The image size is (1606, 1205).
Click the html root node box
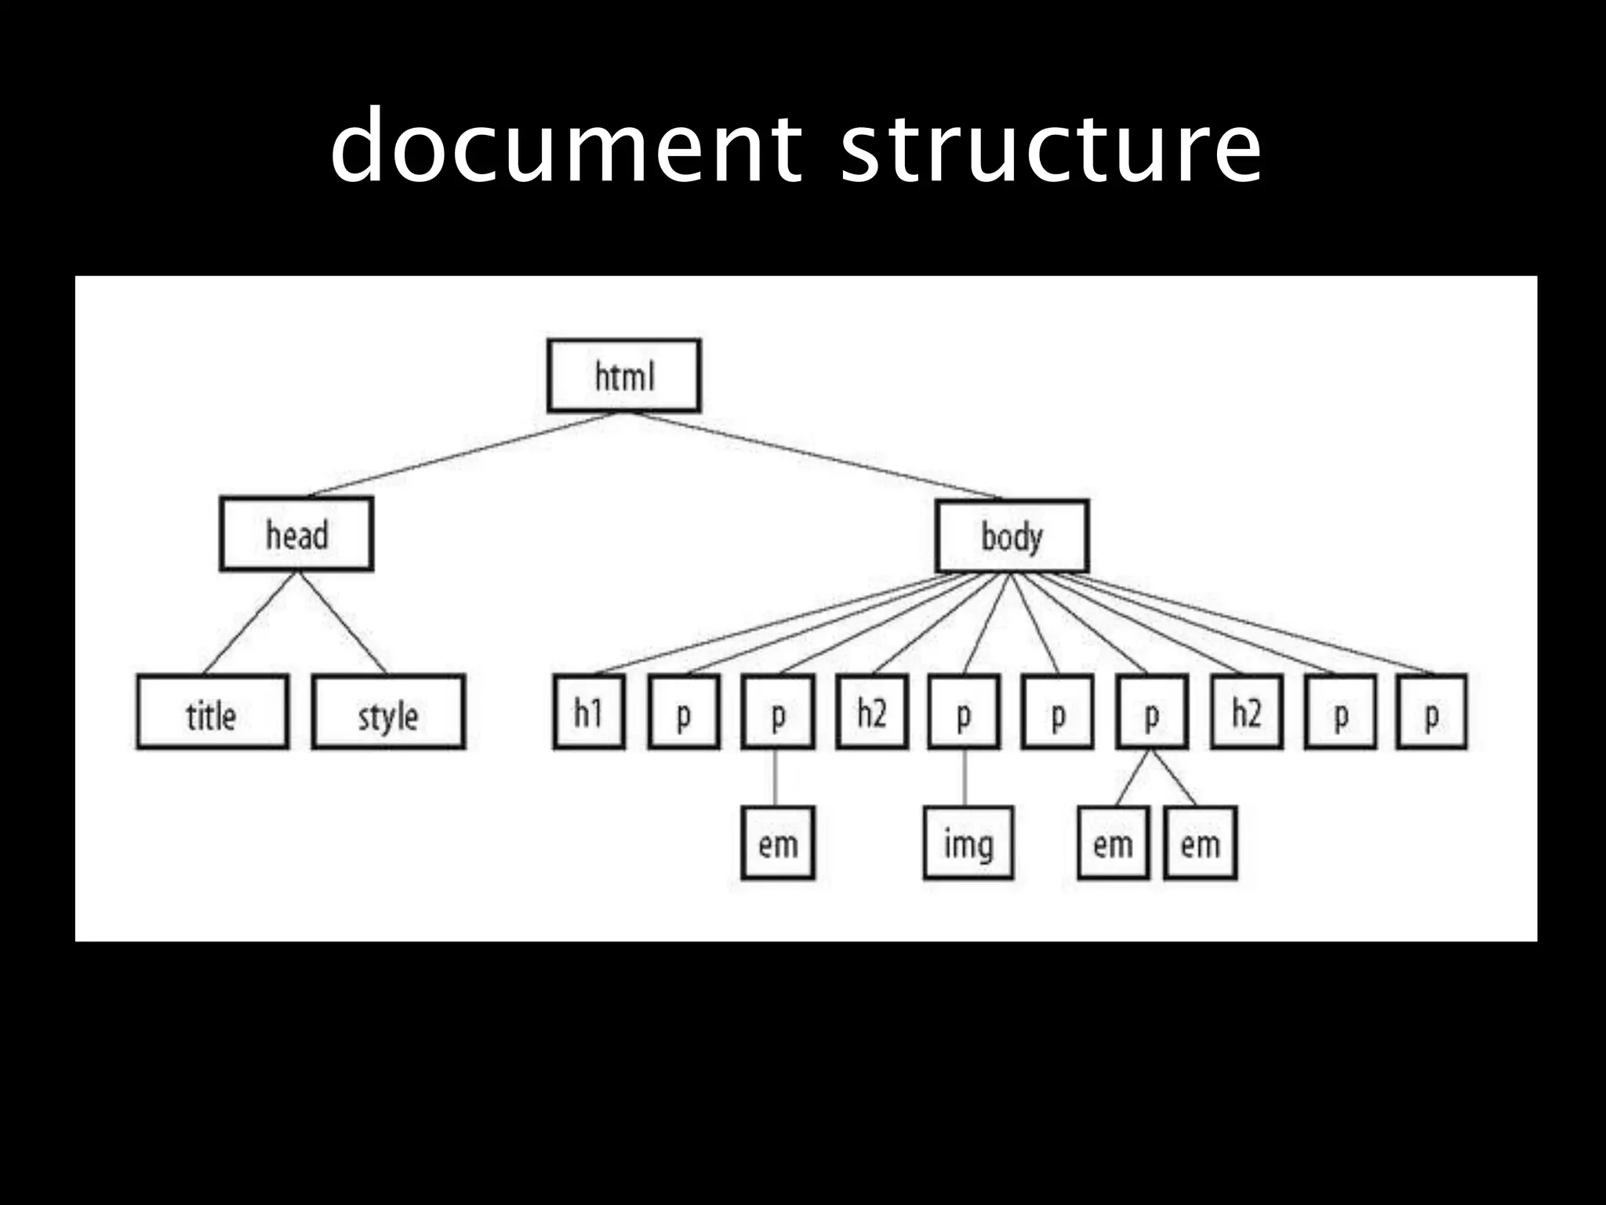pos(623,375)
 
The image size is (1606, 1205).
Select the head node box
pos(296,533)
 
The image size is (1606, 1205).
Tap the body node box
pos(1012,536)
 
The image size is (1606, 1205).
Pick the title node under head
pos(212,712)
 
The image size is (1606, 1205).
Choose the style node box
pos(388,712)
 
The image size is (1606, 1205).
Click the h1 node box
pos(589,712)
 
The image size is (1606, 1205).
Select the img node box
pos(968,843)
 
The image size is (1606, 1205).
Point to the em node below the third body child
pos(777,843)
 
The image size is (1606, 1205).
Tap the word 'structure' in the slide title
pos(1051,147)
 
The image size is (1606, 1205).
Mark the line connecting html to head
pos(463,454)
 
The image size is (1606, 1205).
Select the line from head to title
pos(249,622)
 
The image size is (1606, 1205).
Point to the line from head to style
pos(343,622)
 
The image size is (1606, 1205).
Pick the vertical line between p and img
pos(965,777)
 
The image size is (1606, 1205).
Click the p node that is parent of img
pos(964,712)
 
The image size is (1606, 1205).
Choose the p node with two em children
pos(1151,712)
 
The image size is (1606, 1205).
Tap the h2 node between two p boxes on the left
pos(871,712)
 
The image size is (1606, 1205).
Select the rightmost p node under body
pos(1431,712)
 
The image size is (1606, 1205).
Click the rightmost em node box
pos(1200,843)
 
